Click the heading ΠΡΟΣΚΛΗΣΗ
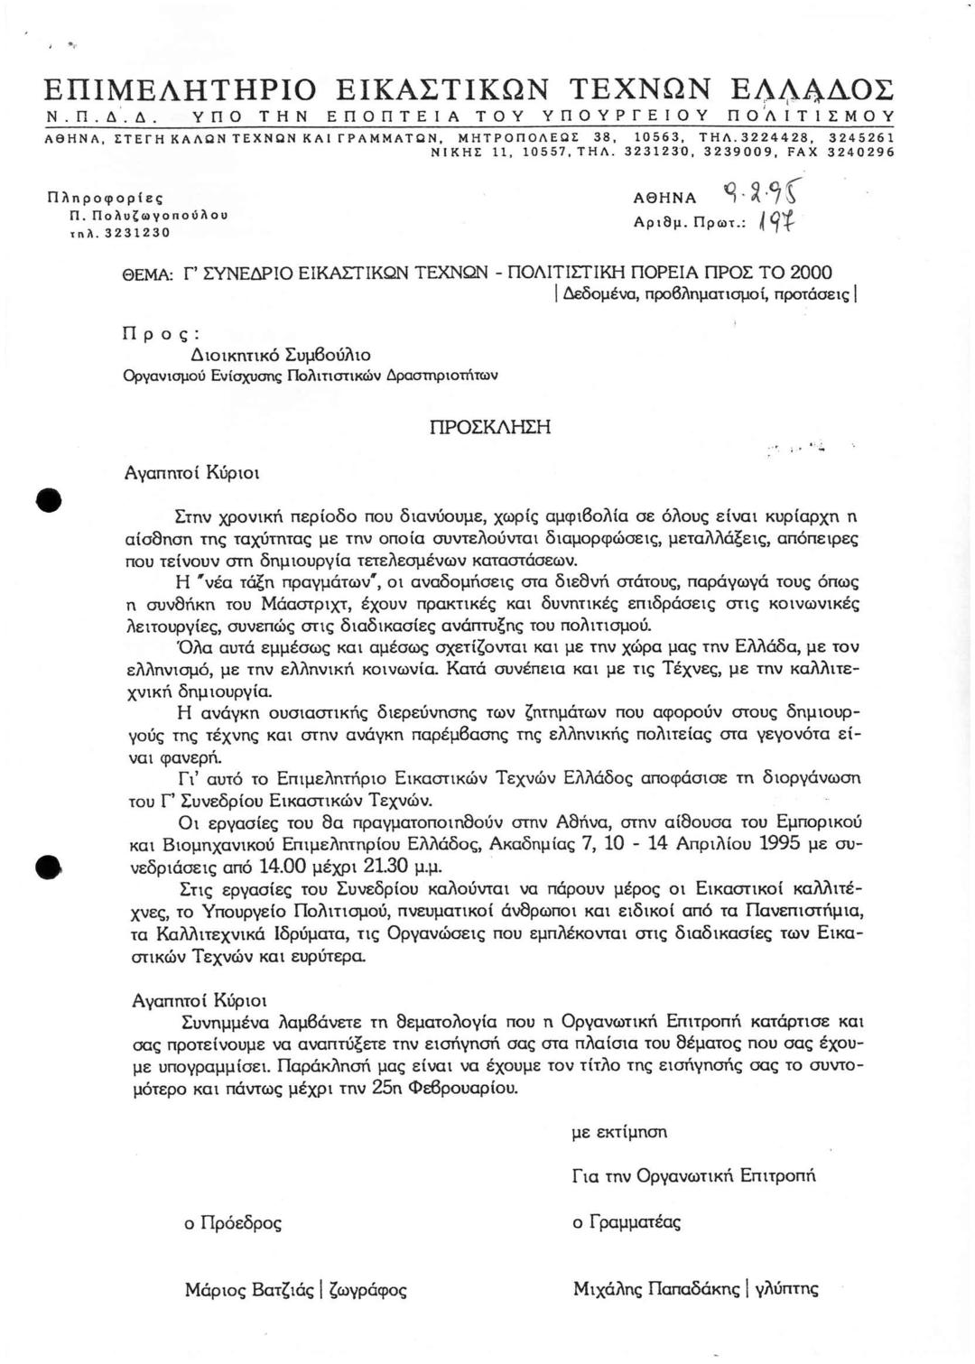(489, 427)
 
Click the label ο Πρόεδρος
(233, 1223)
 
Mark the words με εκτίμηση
(619, 1131)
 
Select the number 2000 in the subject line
(811, 272)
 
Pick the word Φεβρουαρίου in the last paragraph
(463, 1088)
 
